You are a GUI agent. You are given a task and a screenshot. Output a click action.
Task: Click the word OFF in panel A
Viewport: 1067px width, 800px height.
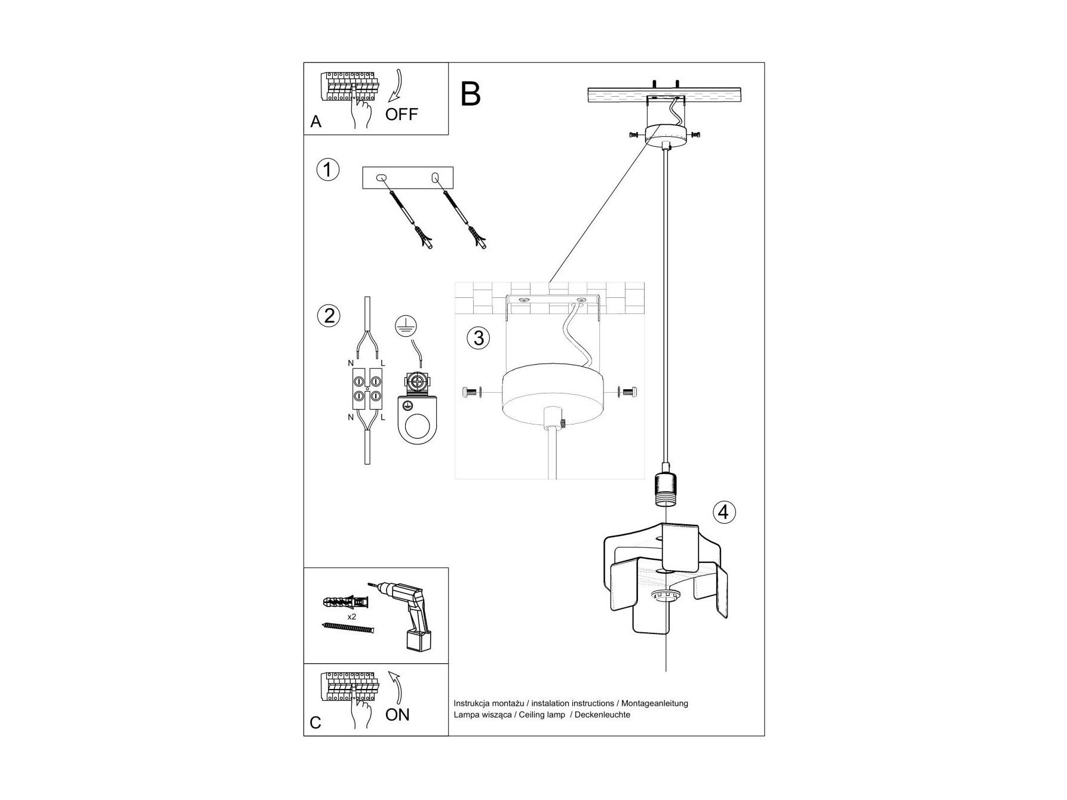click(x=401, y=114)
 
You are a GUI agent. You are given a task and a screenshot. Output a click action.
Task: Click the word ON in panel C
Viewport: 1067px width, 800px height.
click(x=397, y=715)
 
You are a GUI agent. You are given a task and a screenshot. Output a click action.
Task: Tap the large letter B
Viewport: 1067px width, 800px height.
click(x=471, y=94)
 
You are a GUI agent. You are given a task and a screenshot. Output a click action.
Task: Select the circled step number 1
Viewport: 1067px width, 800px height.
click(x=327, y=170)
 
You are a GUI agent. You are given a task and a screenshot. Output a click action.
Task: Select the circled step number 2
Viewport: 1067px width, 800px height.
click(x=329, y=315)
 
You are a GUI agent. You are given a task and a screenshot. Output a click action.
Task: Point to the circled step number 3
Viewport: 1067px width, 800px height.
click(x=478, y=338)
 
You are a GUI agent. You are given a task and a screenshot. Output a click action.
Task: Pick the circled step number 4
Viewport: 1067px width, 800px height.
click(x=723, y=512)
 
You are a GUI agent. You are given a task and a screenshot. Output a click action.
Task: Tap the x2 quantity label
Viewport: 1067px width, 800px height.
click(x=351, y=616)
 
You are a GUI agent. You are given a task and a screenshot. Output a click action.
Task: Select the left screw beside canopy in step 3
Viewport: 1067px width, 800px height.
click(x=471, y=392)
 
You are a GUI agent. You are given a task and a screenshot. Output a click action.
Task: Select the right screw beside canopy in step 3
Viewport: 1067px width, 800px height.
click(x=629, y=392)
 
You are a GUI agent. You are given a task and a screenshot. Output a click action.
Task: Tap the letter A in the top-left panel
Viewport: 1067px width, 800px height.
click(x=316, y=122)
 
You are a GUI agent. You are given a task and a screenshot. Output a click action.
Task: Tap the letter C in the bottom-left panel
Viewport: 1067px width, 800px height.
click(x=315, y=723)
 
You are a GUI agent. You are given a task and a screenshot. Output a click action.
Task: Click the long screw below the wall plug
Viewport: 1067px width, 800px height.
click(x=348, y=627)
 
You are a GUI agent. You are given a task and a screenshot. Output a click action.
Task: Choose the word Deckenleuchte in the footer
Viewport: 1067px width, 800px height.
click(x=602, y=715)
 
